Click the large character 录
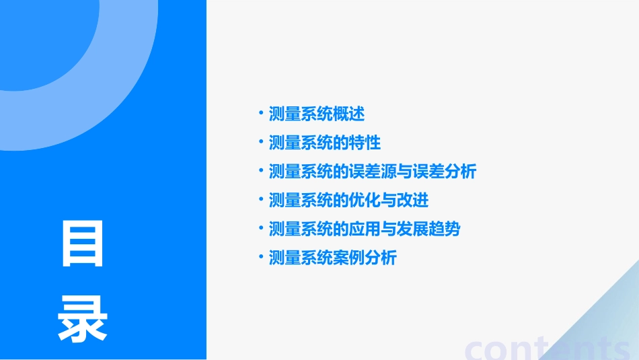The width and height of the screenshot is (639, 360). point(83,320)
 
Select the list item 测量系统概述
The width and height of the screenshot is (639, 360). point(316,114)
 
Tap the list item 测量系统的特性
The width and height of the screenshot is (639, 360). point(324,143)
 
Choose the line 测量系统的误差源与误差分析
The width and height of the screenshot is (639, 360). point(372,172)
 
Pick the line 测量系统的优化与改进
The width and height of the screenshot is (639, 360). point(348,201)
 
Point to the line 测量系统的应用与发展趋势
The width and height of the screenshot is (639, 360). point(364,229)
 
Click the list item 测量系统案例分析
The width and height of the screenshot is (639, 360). point(332,258)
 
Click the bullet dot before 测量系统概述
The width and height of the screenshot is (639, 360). point(261,112)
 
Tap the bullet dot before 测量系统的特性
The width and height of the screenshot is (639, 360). point(261,141)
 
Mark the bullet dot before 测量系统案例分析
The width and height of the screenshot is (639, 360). point(261,256)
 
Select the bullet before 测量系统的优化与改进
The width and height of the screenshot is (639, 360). point(261,199)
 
